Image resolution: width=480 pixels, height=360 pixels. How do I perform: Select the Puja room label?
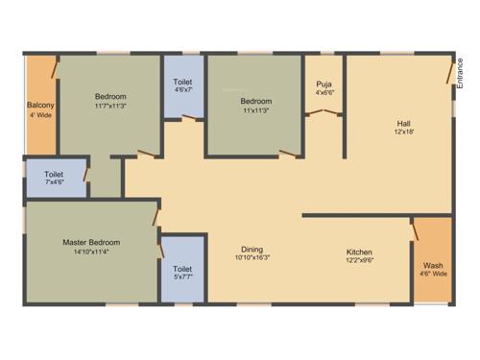click(x=324, y=84)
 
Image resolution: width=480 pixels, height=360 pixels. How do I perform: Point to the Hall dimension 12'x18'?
click(x=404, y=133)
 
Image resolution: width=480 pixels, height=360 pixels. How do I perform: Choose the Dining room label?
click(x=252, y=248)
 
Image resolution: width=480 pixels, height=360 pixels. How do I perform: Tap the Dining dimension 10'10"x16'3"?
click(x=252, y=257)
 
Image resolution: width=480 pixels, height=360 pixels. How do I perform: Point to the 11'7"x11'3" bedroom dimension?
click(x=110, y=107)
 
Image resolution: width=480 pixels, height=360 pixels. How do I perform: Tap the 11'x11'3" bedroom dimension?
click(x=255, y=111)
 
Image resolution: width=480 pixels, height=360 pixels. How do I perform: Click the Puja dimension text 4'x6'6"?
click(x=324, y=93)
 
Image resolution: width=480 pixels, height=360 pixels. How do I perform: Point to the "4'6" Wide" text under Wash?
click(x=433, y=274)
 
